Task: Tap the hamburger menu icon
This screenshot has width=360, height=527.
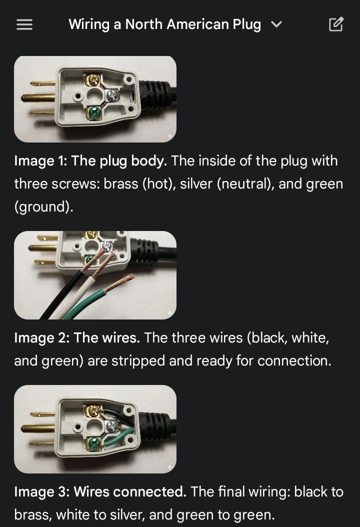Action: (x=24, y=24)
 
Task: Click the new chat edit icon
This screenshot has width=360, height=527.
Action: (x=336, y=24)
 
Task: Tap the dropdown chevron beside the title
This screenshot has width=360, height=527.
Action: (x=276, y=24)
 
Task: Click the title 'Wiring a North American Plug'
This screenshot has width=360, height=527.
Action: (x=164, y=24)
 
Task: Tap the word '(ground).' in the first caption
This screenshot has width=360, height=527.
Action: (x=43, y=206)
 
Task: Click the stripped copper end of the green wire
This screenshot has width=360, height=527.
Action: (x=126, y=281)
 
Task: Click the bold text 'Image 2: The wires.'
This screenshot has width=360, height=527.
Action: (x=77, y=338)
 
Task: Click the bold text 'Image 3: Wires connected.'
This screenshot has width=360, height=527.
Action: (x=100, y=492)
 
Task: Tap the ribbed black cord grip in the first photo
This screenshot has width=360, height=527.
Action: (x=157, y=95)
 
